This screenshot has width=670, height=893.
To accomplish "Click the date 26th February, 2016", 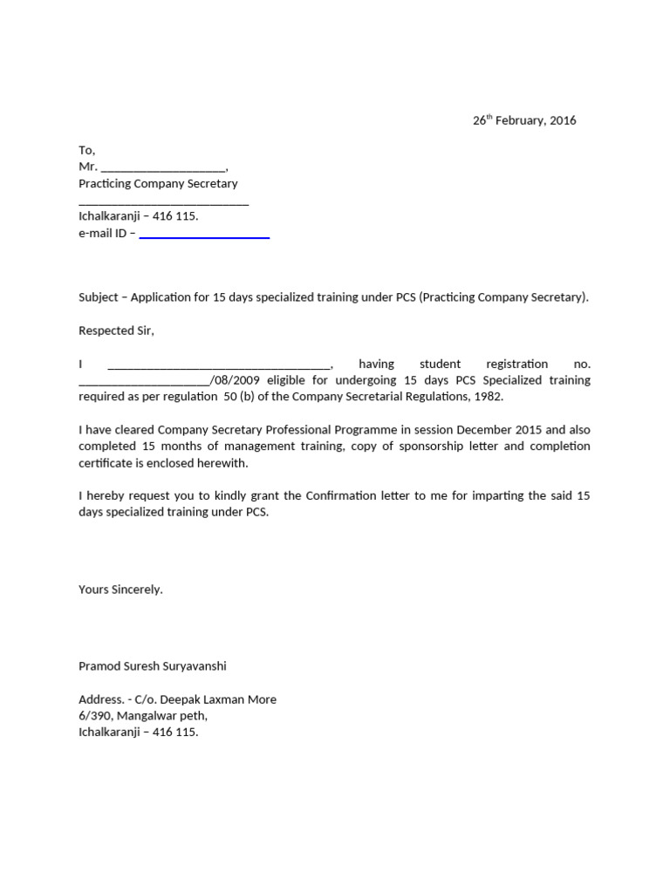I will click(x=524, y=120).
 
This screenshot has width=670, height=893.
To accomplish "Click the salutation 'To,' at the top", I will click(x=86, y=150).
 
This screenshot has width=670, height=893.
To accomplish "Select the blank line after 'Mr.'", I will click(x=164, y=167).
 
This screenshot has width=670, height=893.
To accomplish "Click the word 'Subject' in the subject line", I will click(x=99, y=297).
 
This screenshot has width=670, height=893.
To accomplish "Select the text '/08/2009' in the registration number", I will click(x=236, y=380).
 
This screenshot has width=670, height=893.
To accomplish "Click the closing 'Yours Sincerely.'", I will click(x=120, y=590).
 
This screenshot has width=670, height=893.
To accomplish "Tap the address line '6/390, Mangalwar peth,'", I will click(x=143, y=716).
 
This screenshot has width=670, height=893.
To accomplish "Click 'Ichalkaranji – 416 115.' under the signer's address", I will click(x=139, y=733).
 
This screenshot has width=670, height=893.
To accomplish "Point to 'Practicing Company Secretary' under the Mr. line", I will click(x=158, y=183).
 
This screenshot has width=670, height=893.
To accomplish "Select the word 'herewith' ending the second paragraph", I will click(x=222, y=463).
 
